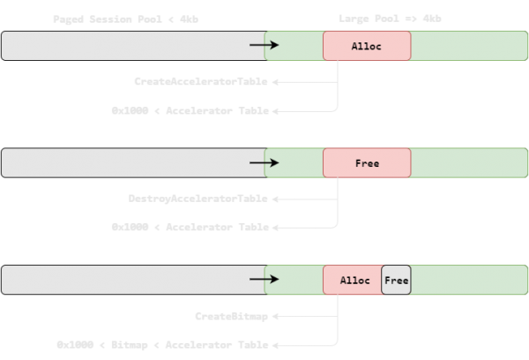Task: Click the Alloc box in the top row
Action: coord(367,46)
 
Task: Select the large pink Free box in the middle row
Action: coord(367,163)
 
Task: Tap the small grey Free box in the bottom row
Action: coord(396,281)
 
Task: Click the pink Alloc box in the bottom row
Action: coord(353,281)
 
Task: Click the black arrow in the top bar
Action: coord(264,45)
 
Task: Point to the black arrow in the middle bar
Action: coord(264,162)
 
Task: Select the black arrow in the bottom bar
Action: coord(264,280)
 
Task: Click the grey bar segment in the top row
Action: coord(123,46)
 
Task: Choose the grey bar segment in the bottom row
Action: coord(123,280)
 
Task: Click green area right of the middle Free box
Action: coord(467,163)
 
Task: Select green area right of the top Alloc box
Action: coord(467,46)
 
